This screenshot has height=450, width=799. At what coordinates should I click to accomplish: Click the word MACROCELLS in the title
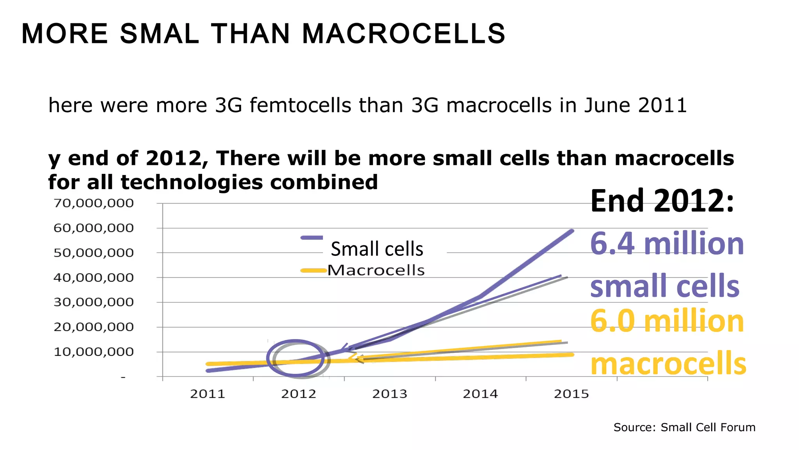403,34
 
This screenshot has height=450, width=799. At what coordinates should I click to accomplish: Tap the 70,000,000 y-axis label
94,203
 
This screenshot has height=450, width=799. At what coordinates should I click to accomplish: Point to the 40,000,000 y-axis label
94,278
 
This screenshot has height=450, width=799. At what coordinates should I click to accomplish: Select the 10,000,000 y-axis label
94,352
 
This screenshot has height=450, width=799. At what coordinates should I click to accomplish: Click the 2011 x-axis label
208,394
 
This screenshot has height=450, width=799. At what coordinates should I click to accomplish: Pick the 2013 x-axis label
389,394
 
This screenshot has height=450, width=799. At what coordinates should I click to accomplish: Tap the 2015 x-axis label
571,394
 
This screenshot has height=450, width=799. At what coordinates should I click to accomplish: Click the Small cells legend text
377,249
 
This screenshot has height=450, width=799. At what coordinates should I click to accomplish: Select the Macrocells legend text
376,270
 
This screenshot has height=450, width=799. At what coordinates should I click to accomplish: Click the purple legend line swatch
312,237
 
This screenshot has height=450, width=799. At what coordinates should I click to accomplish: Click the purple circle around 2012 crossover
295,341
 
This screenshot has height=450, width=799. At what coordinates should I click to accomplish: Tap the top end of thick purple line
572,231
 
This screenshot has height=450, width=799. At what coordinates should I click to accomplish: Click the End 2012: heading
662,201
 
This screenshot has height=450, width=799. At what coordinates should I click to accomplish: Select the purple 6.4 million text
667,244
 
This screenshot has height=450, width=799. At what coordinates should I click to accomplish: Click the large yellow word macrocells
668,363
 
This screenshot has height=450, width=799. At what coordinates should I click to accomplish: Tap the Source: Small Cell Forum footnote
684,427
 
